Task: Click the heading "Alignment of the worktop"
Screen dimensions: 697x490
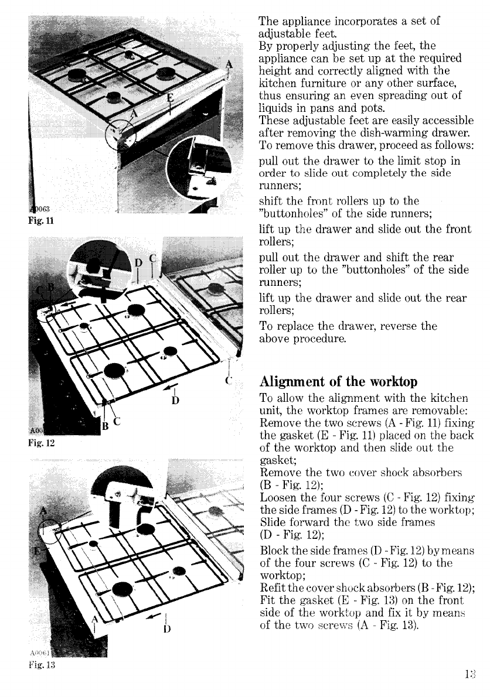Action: [338, 381]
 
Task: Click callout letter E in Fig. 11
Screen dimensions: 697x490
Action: [170, 98]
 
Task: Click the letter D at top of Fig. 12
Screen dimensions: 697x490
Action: [138, 261]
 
